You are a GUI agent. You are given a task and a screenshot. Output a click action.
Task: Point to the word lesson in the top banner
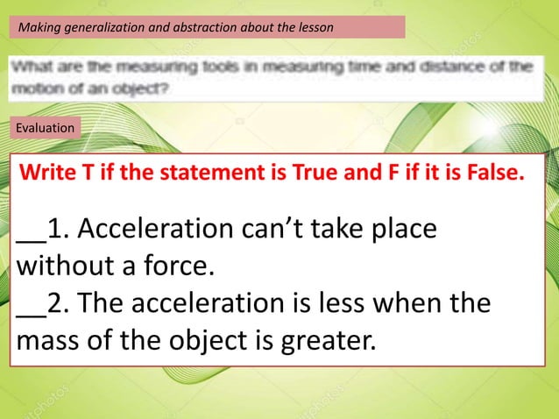click(x=315, y=27)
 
